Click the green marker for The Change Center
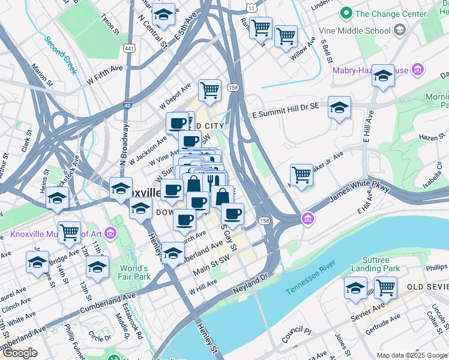tap(346, 13)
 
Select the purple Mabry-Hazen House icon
tap(418, 70)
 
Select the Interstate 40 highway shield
tap(127, 104)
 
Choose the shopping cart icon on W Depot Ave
tap(209, 91)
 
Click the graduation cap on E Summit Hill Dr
tap(340, 107)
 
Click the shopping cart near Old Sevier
tap(385, 287)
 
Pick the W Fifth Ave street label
tap(104, 74)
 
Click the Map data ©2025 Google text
tap(411, 355)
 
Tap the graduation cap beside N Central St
tap(162, 14)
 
